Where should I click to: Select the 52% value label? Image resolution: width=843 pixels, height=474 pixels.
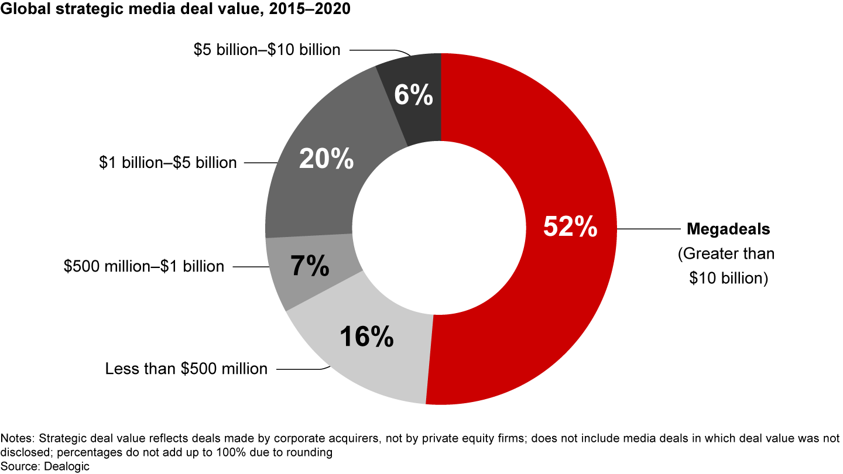point(570,227)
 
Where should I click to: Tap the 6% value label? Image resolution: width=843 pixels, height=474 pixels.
point(413,95)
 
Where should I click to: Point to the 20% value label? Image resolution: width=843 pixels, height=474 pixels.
point(326,159)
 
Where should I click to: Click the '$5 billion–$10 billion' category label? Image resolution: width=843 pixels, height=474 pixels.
point(267,50)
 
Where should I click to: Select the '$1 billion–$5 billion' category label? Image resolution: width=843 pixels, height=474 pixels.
point(168,162)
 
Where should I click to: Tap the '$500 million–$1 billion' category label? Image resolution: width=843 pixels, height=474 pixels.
point(144,266)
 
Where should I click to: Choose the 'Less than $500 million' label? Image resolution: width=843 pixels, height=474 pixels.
point(186,369)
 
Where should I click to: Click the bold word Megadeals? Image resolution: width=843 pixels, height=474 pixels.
point(728,229)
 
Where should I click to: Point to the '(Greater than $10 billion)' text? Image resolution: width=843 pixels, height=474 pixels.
point(726,266)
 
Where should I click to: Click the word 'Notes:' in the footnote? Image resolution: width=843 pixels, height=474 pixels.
point(16,438)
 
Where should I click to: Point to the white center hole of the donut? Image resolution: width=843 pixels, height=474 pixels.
point(440,228)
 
